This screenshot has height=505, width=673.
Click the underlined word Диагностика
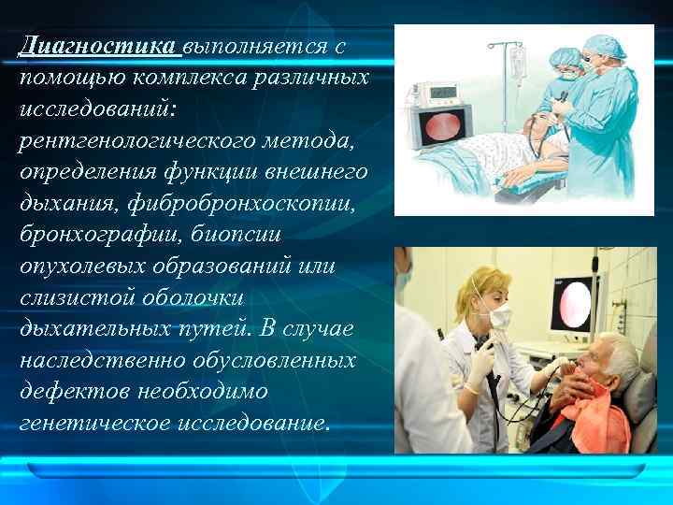point(98,46)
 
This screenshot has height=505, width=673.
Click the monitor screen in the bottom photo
point(570,304)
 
